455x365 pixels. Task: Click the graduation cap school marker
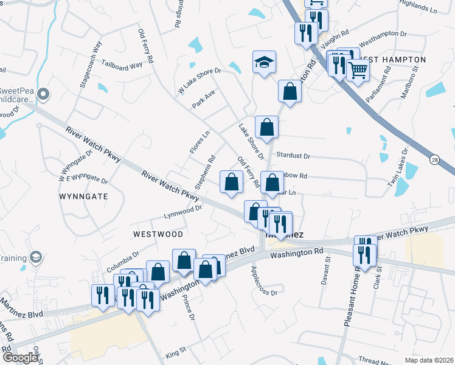point(264,62)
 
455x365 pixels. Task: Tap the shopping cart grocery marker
point(358,71)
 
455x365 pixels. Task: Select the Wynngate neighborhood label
point(83,197)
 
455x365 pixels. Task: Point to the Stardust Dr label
point(293,156)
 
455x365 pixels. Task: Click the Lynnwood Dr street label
point(182,212)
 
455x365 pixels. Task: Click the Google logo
point(20,358)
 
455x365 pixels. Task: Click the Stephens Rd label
point(205,173)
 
